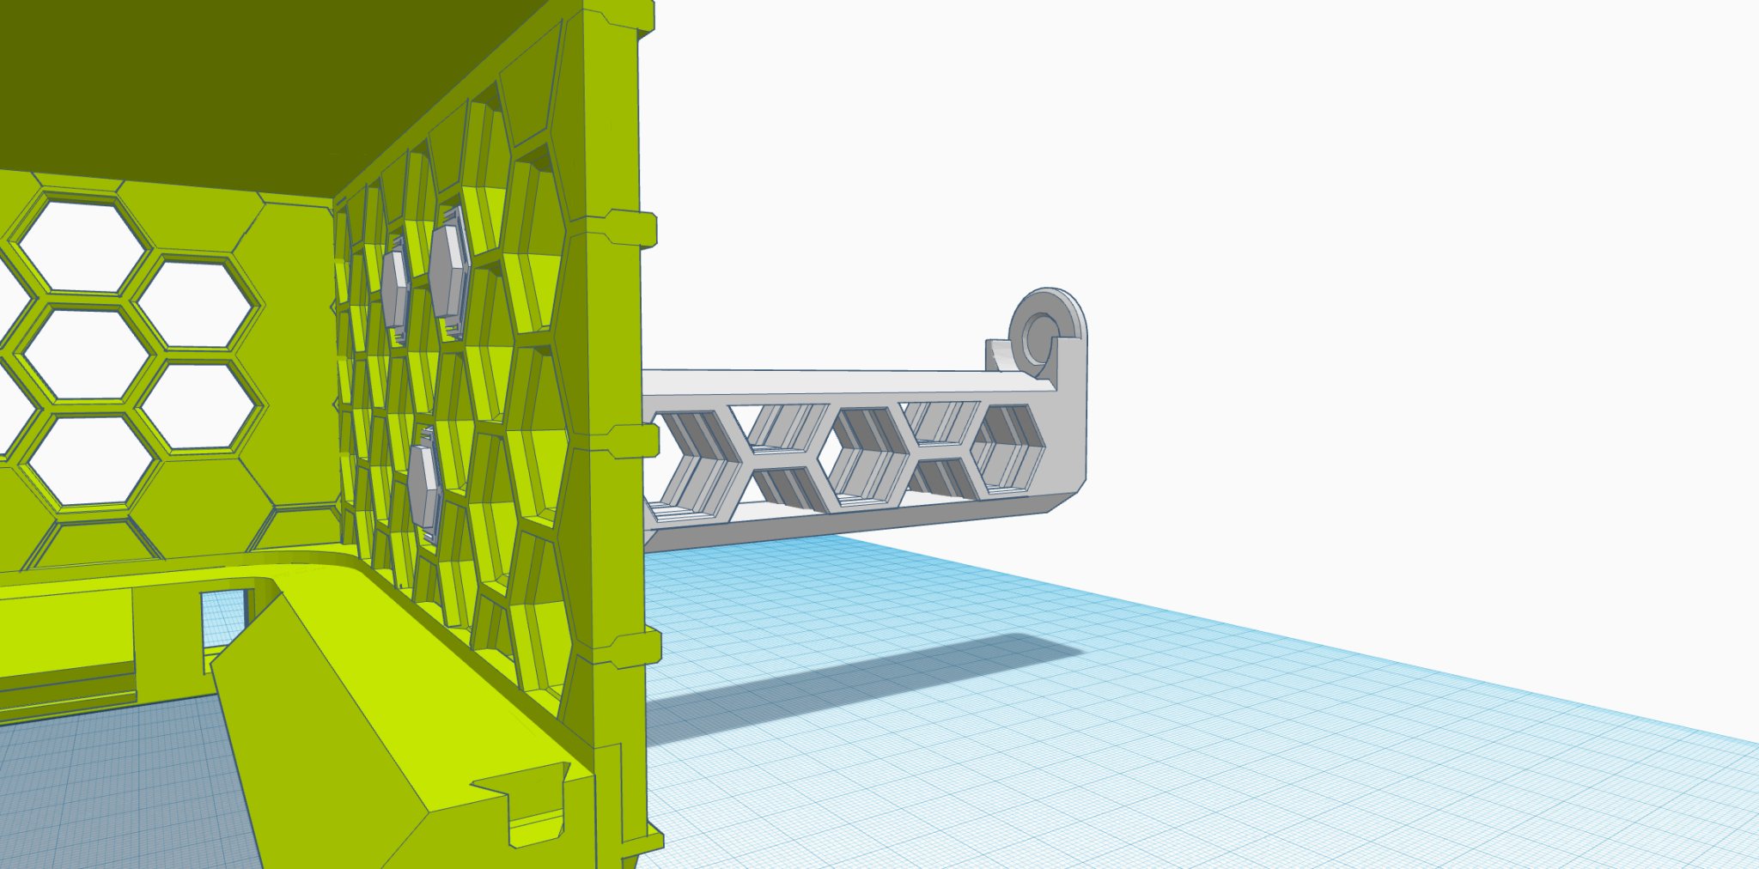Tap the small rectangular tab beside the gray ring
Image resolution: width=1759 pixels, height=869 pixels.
[x=997, y=354]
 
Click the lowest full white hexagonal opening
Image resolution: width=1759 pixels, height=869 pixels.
[x=90, y=459]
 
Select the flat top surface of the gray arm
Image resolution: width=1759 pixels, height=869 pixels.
[x=825, y=383]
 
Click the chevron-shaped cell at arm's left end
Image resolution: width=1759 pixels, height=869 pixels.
[x=691, y=459]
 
